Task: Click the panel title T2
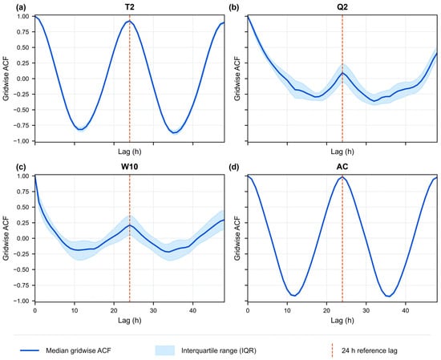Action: click(x=129, y=7)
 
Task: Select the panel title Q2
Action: click(x=342, y=7)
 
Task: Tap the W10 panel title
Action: click(x=129, y=167)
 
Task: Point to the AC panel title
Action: click(x=342, y=167)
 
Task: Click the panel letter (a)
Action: click(x=21, y=7)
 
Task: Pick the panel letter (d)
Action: click(x=233, y=167)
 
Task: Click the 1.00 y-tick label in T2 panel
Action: click(x=23, y=16)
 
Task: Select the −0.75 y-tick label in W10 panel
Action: click(x=21, y=285)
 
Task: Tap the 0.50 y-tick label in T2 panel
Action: click(x=23, y=47)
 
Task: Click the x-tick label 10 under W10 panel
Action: click(x=75, y=310)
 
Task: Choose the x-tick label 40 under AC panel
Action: click(x=405, y=310)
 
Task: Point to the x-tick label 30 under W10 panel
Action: click(x=153, y=310)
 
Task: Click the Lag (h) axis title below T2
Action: click(x=129, y=152)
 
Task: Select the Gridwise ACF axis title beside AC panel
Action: click(x=237, y=238)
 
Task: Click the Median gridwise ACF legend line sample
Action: click(x=30, y=350)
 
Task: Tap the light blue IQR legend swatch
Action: click(x=165, y=350)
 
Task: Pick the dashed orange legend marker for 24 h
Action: click(x=332, y=350)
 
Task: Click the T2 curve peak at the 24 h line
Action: click(x=129, y=21)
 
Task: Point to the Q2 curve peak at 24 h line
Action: click(x=342, y=73)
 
